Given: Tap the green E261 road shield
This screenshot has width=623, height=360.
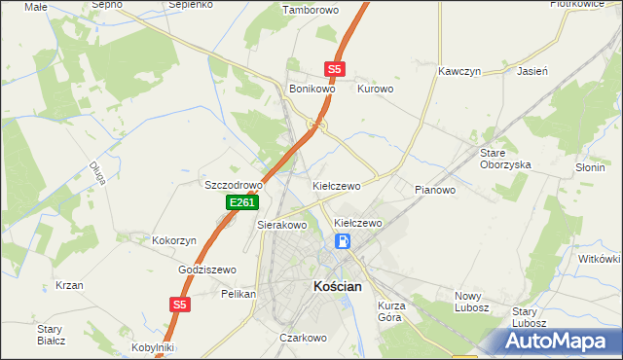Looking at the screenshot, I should pyautogui.click(x=241, y=202).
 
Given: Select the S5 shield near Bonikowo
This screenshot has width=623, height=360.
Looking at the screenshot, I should pyautogui.click(x=334, y=69).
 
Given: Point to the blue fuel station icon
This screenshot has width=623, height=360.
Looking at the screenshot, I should pyautogui.click(x=343, y=241).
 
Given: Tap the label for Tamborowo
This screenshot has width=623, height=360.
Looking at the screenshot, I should pyautogui.click(x=308, y=11).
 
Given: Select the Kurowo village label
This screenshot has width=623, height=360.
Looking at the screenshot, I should pyautogui.click(x=375, y=89).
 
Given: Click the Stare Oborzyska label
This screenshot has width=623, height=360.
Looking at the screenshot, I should pyautogui.click(x=505, y=159).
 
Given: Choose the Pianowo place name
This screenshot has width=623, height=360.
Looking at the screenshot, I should pyautogui.click(x=435, y=190).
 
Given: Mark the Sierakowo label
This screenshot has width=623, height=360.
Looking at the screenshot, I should pyautogui.click(x=281, y=225).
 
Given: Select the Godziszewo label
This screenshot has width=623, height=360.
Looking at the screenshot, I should pyautogui.click(x=207, y=270).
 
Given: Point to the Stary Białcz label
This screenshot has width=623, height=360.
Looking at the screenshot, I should pyautogui.click(x=51, y=335).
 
